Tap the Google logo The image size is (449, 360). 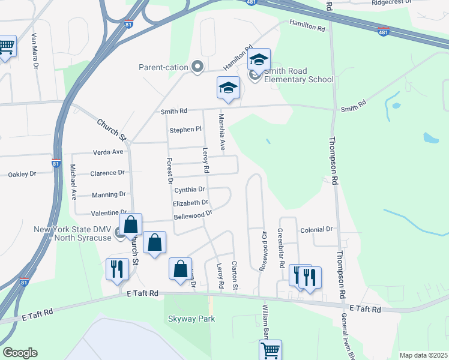click(20, 353)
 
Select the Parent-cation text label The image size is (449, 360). click(163, 67)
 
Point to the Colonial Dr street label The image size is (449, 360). click(316, 229)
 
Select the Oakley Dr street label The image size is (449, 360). click(22, 174)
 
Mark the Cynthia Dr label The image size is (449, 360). click(190, 190)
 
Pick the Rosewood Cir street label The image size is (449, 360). click(262, 250)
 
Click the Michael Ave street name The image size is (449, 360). click(73, 182)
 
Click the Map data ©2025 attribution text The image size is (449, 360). click(423, 355)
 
